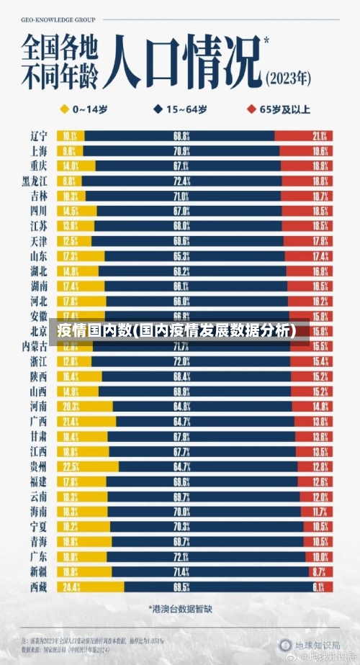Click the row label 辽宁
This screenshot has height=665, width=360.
pos(39,135)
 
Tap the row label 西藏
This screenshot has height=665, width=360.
pos(39,587)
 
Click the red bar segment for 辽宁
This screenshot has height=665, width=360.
pos(302,135)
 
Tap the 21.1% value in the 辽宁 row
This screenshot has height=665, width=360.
pos(320,135)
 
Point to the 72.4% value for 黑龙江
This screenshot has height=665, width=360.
pos(181,181)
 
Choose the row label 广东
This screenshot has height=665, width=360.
pos(39,556)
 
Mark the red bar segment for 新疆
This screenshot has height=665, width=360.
pos(319,571)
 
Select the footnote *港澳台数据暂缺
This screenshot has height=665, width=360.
pos(180,609)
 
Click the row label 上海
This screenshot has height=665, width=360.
pos(39,150)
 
